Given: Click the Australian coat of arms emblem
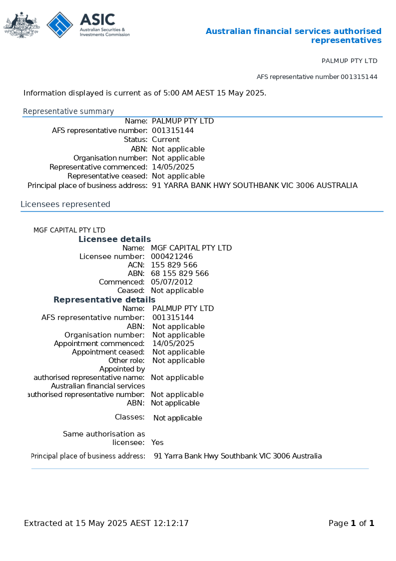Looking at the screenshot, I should (x=21, y=24).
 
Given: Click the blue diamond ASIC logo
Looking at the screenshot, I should (x=60, y=24).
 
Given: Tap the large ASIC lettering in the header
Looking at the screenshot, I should (x=97, y=20).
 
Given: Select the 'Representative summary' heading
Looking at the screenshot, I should (x=68, y=111).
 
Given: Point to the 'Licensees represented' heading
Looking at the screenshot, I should (x=65, y=204).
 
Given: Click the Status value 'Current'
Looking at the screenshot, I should (x=166, y=139).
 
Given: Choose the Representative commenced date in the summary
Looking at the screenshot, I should (x=173, y=167).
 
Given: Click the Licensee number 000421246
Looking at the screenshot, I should (x=172, y=256).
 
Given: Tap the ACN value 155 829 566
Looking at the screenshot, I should (x=174, y=265).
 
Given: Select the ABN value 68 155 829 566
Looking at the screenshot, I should (x=180, y=273).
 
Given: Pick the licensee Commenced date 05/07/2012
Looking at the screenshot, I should (x=172, y=282).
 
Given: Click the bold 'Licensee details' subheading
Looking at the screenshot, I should (x=114, y=239).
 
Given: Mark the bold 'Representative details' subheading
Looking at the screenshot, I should (x=104, y=299).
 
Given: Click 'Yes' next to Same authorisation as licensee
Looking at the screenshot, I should (x=157, y=442).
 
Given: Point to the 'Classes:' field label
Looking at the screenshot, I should (x=129, y=417).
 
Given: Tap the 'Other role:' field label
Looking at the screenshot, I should (x=126, y=360).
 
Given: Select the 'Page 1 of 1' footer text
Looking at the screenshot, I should (x=351, y=523).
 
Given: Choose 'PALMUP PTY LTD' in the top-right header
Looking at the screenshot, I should (x=349, y=61).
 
